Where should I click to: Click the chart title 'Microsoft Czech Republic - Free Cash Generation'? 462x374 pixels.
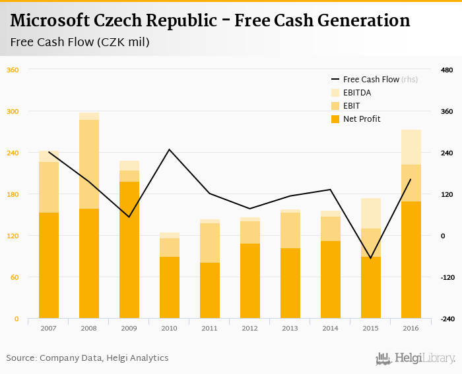(210, 20)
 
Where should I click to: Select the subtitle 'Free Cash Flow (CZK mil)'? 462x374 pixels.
(80, 43)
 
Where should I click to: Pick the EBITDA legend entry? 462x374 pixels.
(356, 93)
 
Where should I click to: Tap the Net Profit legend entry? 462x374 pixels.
(361, 119)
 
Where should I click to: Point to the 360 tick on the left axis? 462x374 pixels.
(13, 70)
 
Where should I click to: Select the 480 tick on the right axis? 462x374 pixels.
(446, 70)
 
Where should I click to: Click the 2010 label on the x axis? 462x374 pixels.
(169, 327)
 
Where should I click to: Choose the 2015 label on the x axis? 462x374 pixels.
(371, 327)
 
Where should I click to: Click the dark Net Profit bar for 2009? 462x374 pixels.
(129, 250)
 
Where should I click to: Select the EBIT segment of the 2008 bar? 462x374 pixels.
(89, 165)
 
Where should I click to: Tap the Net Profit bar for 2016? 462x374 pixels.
(411, 260)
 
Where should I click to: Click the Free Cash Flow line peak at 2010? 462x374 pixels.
(169, 149)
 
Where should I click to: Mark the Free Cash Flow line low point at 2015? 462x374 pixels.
(371, 258)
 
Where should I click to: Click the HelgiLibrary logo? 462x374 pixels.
(416, 358)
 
